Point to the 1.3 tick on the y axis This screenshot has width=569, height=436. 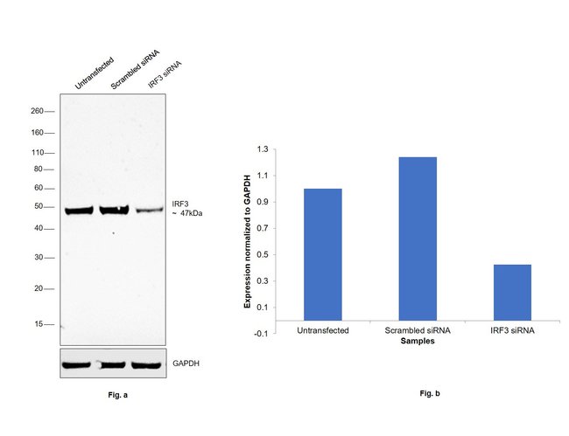pyautogui.click(x=262, y=149)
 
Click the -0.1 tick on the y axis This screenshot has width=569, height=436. pyautogui.click(x=261, y=334)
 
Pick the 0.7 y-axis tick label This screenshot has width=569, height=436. pyautogui.click(x=262, y=228)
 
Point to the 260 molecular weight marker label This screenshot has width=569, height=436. pyautogui.click(x=37, y=112)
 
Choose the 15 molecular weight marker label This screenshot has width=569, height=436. pyautogui.click(x=39, y=323)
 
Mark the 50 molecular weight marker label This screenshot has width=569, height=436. pyautogui.click(x=39, y=207)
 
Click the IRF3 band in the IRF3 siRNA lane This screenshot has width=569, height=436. pyautogui.click(x=148, y=210)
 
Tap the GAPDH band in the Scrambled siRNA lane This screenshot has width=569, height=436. pyautogui.click(x=113, y=364)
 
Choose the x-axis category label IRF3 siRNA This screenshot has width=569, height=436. pyautogui.click(x=512, y=331)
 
